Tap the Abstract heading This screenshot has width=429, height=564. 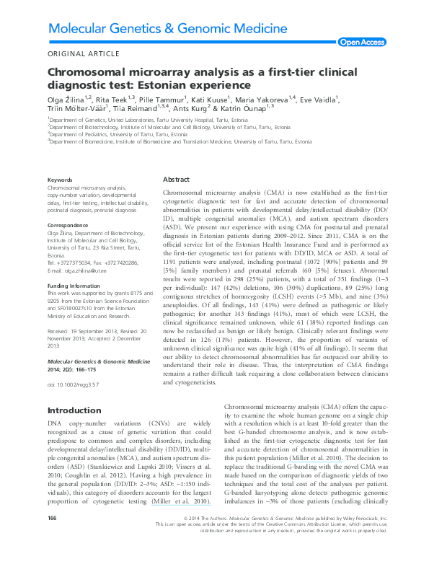(177, 179)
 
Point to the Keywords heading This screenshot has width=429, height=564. (59, 180)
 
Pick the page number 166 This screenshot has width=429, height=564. (52, 539)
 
